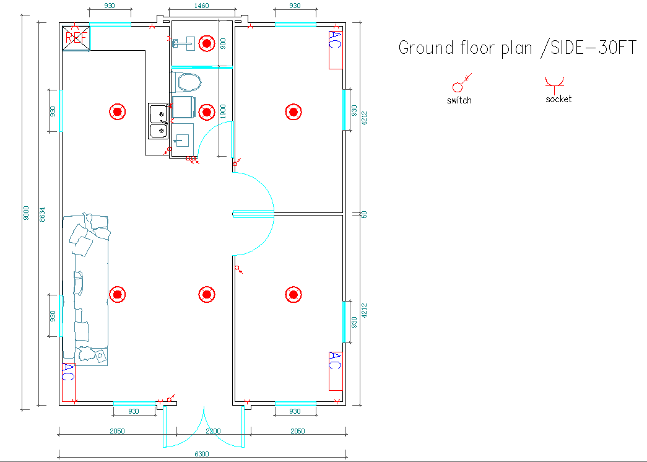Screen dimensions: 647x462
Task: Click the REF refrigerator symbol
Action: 76,38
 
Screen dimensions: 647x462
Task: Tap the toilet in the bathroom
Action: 186,82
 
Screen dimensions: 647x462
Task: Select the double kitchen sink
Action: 158,121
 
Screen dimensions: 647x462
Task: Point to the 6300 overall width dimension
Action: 202,454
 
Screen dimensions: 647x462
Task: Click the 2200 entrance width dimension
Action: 214,431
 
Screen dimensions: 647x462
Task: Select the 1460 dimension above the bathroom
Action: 201,6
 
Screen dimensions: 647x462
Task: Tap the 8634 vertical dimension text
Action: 42,215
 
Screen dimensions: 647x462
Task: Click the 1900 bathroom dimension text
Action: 223,111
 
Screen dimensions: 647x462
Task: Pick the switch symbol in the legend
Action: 461,83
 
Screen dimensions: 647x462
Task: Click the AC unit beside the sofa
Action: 69,382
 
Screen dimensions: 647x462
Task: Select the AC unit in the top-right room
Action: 336,50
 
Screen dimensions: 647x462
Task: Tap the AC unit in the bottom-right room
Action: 336,371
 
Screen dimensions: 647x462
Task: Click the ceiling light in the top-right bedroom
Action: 293,112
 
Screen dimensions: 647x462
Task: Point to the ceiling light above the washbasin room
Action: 207,43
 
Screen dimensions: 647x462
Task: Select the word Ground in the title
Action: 426,48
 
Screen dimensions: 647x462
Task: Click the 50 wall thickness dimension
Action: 364,215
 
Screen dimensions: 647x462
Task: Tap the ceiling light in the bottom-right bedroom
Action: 293,294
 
